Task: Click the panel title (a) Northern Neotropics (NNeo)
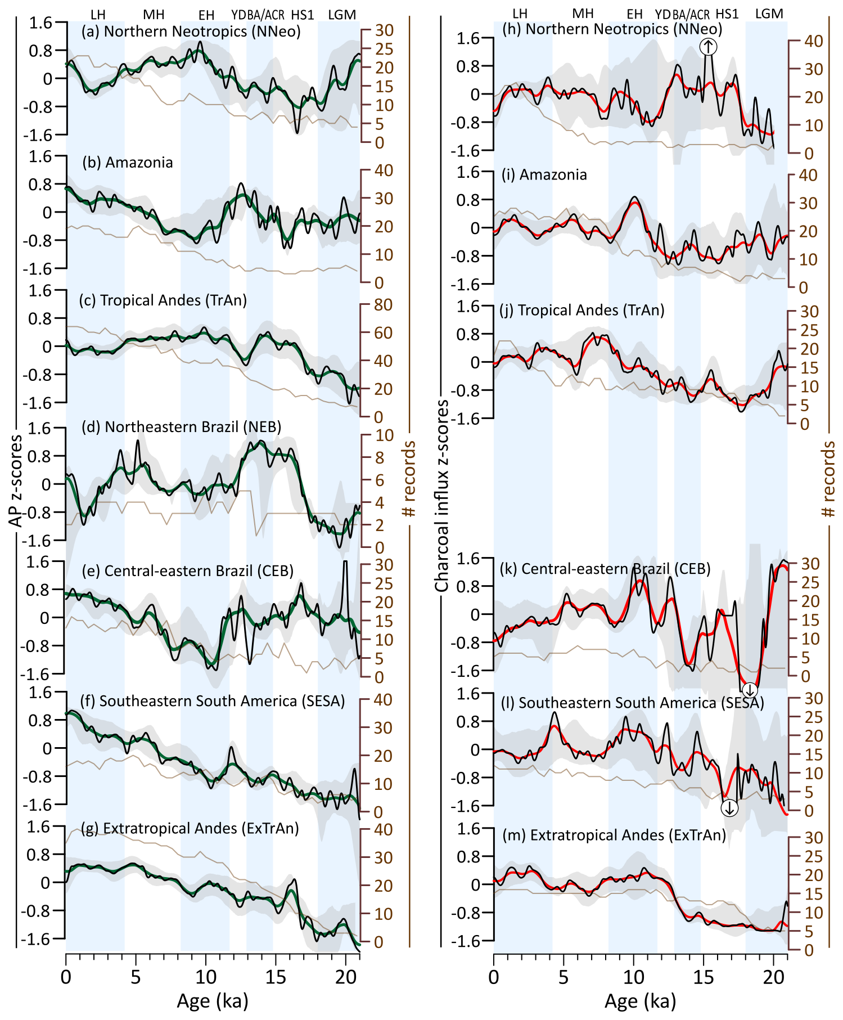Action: tap(191, 32)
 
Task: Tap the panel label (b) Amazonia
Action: tap(127, 163)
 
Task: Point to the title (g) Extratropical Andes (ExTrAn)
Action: tap(190, 828)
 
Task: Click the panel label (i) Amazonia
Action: tap(544, 175)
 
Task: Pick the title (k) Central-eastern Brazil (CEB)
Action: tap(605, 569)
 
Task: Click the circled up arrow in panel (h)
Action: tap(709, 47)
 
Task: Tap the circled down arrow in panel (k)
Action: tap(750, 690)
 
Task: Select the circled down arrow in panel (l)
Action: tap(729, 808)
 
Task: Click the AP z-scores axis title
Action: tap(17, 481)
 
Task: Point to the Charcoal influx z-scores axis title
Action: tap(443, 496)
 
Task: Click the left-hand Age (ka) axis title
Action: tap(212, 1001)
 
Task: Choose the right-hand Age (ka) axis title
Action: tap(640, 1001)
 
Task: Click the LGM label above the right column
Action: tap(769, 14)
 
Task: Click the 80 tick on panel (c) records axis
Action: tap(384, 305)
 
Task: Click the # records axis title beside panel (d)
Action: tap(409, 479)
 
